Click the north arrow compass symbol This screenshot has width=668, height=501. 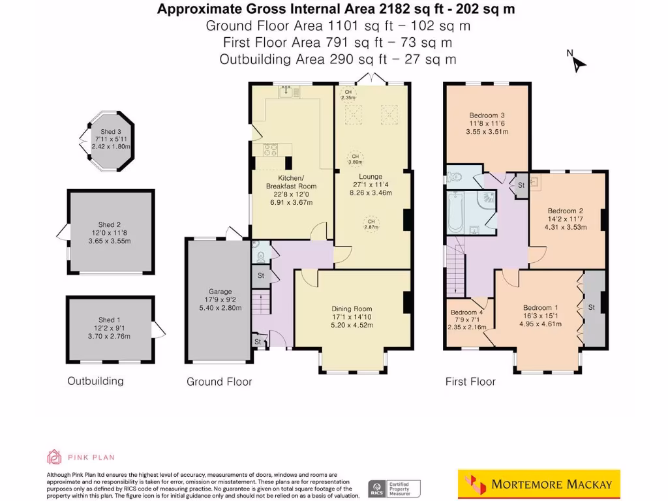click(579, 63)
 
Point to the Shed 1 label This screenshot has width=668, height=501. click(110, 320)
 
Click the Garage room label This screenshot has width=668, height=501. click(220, 292)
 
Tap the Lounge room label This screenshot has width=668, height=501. click(370, 177)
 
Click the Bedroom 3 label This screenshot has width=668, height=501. click(487, 115)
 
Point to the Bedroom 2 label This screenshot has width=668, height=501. click(565, 211)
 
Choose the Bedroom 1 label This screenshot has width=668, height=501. click(541, 308)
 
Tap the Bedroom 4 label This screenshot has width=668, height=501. click(467, 312)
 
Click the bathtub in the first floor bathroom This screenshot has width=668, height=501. click(456, 212)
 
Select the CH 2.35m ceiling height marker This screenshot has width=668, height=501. click(348, 95)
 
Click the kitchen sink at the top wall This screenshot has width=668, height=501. click(287, 93)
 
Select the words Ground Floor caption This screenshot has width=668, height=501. click(219, 382)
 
